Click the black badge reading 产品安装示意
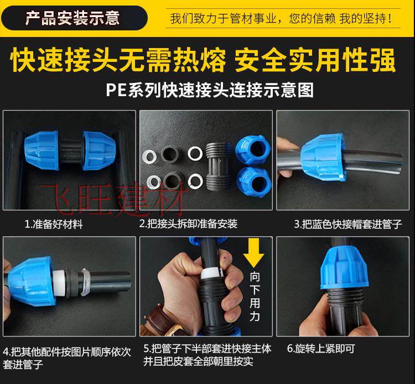tap(74, 18)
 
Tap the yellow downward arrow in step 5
tap(253, 253)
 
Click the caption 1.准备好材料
tap(54, 224)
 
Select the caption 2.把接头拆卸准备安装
tap(188, 224)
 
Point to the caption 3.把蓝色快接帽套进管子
tap(348, 224)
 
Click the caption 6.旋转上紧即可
tap(321, 349)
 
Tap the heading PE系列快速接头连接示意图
tap(210, 90)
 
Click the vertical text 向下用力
tap(255, 297)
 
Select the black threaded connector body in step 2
tap(219, 165)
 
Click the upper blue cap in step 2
tap(253, 150)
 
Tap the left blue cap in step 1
tap(42, 150)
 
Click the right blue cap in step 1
tap(99, 150)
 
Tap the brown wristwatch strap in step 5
tap(161, 320)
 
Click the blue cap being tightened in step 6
tap(344, 269)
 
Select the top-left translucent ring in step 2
tap(150, 156)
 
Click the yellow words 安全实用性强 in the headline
tap(315, 60)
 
